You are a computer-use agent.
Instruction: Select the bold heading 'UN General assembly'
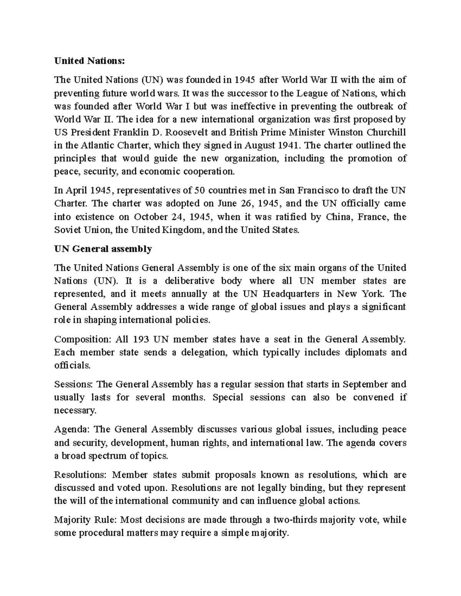pyautogui.click(x=103, y=249)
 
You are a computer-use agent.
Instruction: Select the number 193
pyautogui.click(x=140, y=339)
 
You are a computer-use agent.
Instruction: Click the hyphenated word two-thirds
pyautogui.click(x=295, y=520)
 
